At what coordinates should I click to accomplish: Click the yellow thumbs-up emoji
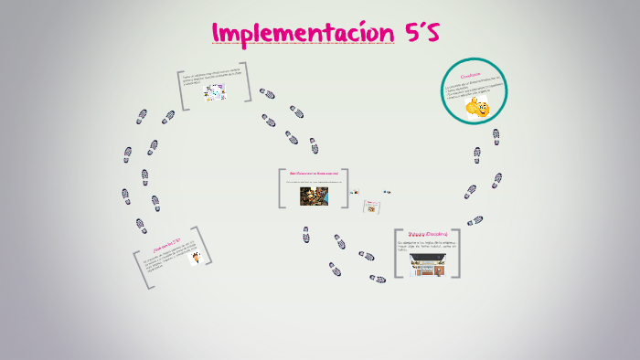tap(476, 109)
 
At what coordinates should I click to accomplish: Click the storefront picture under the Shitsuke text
tap(428, 265)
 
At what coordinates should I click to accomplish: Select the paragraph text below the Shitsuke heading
tap(427, 245)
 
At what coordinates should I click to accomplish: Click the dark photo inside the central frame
tap(313, 196)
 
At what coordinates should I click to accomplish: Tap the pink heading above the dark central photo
tap(314, 174)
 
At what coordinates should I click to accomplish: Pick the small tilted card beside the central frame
tap(370, 207)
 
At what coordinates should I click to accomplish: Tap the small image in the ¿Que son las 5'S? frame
tap(194, 258)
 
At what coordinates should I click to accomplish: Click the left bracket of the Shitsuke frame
tap(398, 253)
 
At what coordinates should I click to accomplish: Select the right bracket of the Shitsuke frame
tap(456, 253)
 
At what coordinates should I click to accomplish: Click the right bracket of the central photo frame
tap(346, 187)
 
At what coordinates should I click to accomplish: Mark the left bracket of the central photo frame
tap(282, 187)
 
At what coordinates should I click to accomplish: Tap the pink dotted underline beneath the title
tap(303, 44)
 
